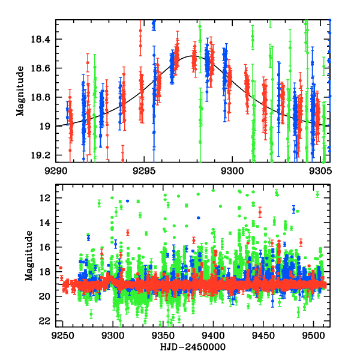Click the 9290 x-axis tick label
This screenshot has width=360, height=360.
[x=56, y=170]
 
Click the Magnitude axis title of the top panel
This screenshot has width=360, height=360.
[x=20, y=91]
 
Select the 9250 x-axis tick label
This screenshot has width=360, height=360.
[x=62, y=336]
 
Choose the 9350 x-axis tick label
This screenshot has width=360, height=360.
[x=163, y=336]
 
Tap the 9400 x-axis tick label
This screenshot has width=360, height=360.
[x=213, y=336]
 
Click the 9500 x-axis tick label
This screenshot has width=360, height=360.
[x=313, y=336]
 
